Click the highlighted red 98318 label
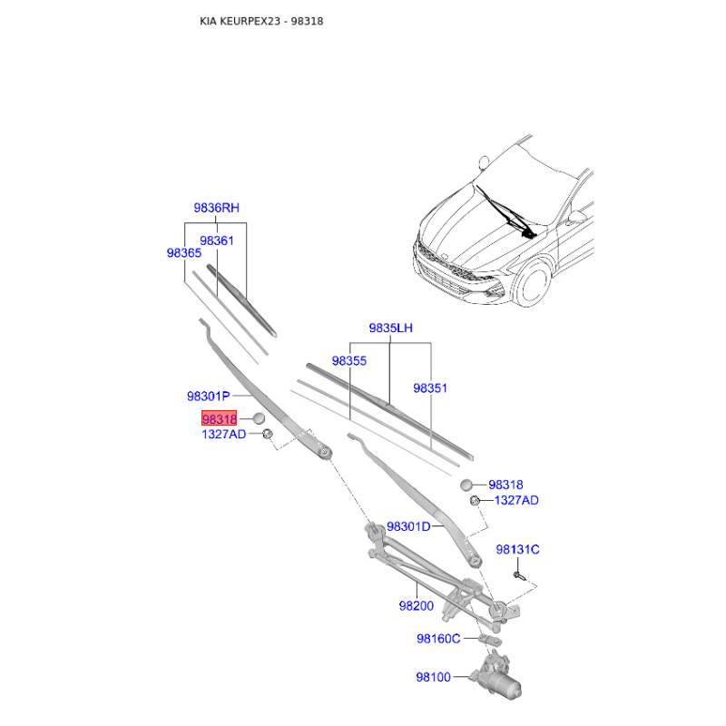(x=219, y=418)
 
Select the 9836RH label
(x=216, y=208)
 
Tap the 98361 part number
(x=217, y=240)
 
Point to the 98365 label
(x=184, y=253)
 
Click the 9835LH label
(x=390, y=328)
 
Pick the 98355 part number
(x=349, y=360)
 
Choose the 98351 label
(x=430, y=388)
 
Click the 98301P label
(x=209, y=397)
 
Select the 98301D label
(x=408, y=526)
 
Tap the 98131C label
(x=517, y=549)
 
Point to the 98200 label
(x=417, y=605)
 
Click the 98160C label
(x=438, y=639)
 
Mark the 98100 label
(x=434, y=677)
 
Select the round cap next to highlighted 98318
(x=259, y=418)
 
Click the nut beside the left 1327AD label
(x=267, y=435)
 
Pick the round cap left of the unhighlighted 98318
(x=466, y=485)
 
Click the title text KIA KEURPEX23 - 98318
(x=261, y=21)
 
